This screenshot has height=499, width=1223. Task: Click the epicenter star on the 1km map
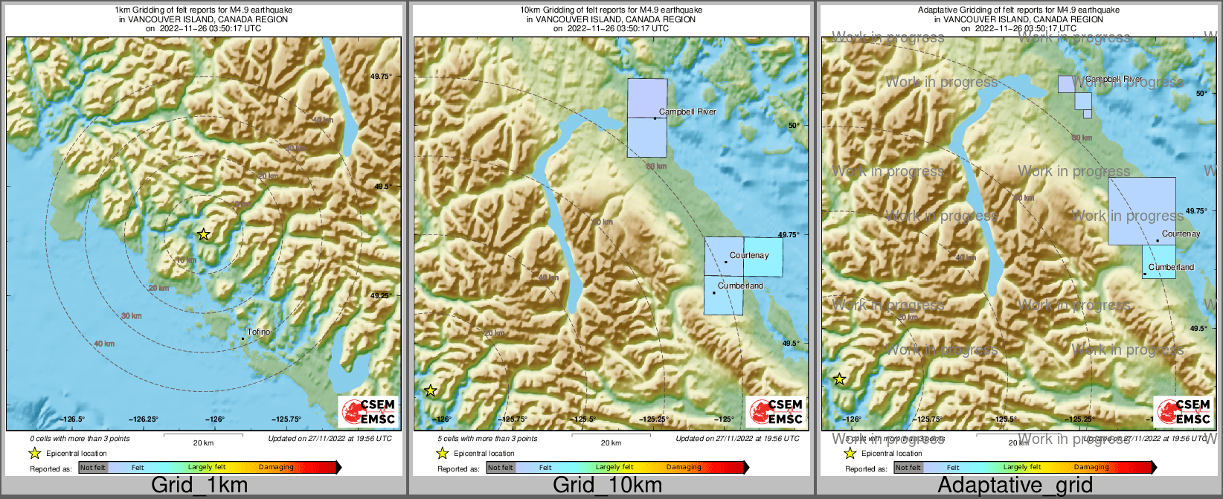pos(203,234)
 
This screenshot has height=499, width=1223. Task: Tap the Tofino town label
pos(259,332)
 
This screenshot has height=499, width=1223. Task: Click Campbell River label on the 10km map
pos(687,112)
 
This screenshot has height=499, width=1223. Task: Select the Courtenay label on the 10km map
pos(749,255)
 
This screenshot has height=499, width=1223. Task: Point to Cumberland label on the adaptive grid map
pos(1171,267)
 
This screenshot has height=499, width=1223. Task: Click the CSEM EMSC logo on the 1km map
pos(368,411)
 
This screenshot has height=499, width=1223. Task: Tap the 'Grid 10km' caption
pos(607,486)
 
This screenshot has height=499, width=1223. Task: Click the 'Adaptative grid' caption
pos(1015,486)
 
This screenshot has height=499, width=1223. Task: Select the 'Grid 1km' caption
pos(199,486)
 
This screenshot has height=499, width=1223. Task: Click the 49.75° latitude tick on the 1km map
pos(382,76)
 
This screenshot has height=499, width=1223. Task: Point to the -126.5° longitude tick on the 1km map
pos(72,419)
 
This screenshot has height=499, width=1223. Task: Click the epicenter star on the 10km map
pos(430,390)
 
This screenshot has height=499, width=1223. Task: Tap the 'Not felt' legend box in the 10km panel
pos(501,467)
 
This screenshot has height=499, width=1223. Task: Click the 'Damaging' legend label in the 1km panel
pos(276,467)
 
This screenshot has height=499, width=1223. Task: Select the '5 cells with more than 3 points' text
pos(487,439)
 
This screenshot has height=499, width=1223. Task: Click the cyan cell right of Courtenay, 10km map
pos(763,257)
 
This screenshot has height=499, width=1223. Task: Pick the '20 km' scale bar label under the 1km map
pos(203,442)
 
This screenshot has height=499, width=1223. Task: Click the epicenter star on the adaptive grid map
pos(839,379)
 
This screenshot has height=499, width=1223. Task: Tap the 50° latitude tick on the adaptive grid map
pos(1201,94)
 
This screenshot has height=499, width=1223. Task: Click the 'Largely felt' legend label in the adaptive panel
pos(1022,467)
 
